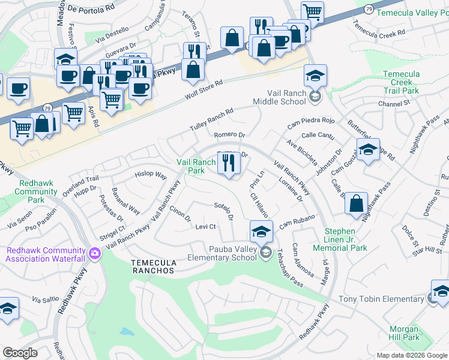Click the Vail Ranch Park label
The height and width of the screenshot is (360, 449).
click(196, 166)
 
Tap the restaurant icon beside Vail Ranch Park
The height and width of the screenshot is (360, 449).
click(228, 163)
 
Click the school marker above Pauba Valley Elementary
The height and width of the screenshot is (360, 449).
click(261, 232)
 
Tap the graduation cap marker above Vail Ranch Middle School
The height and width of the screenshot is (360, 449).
click(315, 76)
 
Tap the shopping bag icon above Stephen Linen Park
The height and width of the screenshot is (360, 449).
click(357, 202)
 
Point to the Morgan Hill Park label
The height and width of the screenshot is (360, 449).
click(403, 333)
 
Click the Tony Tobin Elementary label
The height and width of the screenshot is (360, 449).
click(381, 299)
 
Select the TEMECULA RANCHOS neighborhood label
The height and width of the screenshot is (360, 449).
click(153, 270)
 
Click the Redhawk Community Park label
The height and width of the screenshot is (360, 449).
click(36, 191)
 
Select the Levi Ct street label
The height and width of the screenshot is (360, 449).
click(205, 226)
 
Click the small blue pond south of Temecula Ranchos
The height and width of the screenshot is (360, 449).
click(125, 331)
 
